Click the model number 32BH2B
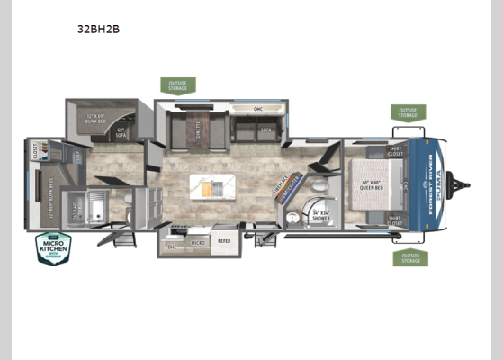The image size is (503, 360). (99, 29)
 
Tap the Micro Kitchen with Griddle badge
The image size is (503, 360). (53, 247)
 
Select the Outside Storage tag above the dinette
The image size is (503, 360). (176, 85)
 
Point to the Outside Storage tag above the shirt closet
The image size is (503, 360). (409, 112)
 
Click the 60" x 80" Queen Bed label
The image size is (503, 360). (373, 186)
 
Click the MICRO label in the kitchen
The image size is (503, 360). (196, 242)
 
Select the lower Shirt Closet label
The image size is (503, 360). (394, 219)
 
